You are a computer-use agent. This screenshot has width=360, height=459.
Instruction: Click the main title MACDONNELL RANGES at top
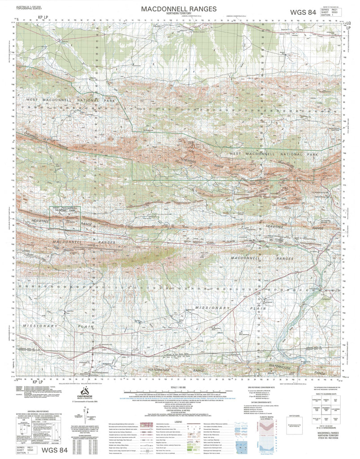point(178,9)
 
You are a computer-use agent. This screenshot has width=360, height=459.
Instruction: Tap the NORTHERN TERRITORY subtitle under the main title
point(178,14)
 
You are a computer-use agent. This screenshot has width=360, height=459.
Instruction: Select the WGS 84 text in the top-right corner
point(303,12)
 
